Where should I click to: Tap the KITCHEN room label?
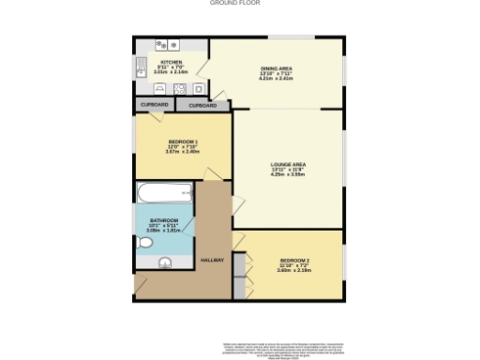click(x=171, y=63)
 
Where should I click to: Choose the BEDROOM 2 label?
click(x=293, y=260)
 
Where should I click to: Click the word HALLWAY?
click(x=213, y=260)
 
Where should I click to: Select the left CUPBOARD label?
click(x=155, y=104)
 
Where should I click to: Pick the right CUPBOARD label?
click(x=202, y=106)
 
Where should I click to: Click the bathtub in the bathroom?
click(x=164, y=194)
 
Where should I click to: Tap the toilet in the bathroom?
click(x=144, y=243)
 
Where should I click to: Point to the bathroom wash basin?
click(x=166, y=262)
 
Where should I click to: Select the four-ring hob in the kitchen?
click(x=179, y=89)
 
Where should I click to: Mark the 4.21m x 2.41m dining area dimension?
click(x=277, y=79)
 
